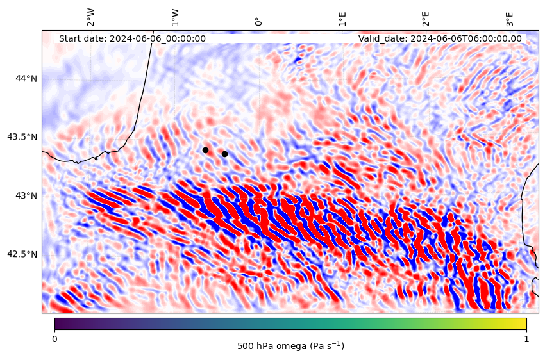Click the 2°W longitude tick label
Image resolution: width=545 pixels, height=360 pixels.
point(90,17)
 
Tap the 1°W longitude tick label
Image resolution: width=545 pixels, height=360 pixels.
point(175,18)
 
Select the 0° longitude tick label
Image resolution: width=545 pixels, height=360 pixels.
point(258,22)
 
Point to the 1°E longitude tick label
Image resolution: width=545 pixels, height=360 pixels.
point(342,19)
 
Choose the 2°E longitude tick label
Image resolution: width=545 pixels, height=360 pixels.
point(426,19)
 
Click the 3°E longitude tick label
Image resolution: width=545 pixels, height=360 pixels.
point(509,19)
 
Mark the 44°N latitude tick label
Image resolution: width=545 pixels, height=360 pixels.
point(26,79)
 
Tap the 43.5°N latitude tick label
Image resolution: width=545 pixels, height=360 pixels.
point(22,137)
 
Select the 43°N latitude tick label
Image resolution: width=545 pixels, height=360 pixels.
point(26,196)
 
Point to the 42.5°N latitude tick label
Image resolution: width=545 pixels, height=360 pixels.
point(22,254)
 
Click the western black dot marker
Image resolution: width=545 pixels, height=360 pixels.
point(205,151)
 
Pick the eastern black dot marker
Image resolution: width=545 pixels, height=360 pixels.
point(224,154)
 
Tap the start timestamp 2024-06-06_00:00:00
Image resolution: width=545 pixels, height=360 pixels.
point(158,38)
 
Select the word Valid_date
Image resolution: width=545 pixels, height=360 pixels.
point(383,38)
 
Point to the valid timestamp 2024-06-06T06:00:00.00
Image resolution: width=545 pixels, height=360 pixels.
point(466,38)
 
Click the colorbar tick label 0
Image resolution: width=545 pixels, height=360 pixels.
point(55,339)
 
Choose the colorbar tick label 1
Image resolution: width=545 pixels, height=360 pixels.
point(526,339)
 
